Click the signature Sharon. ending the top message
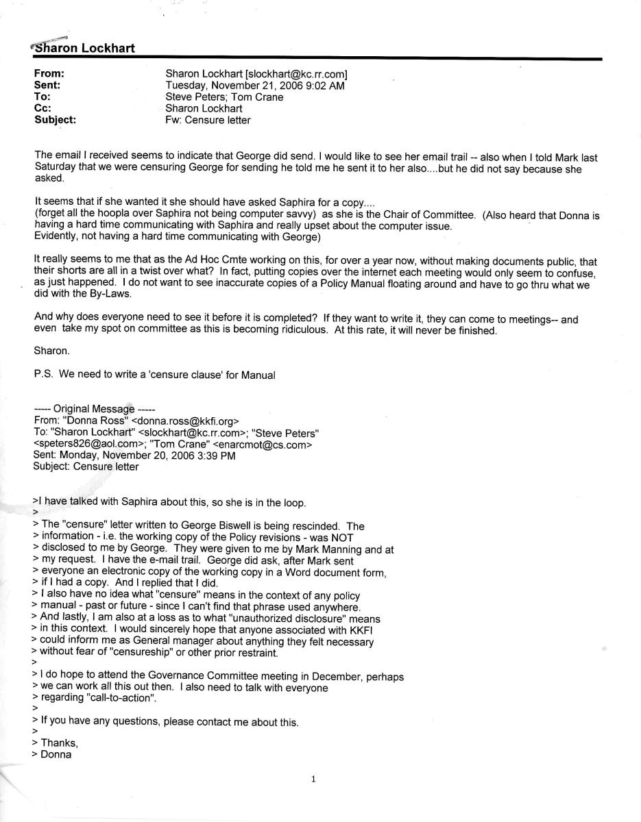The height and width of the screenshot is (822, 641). [51, 350]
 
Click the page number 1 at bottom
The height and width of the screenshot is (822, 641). [313, 779]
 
